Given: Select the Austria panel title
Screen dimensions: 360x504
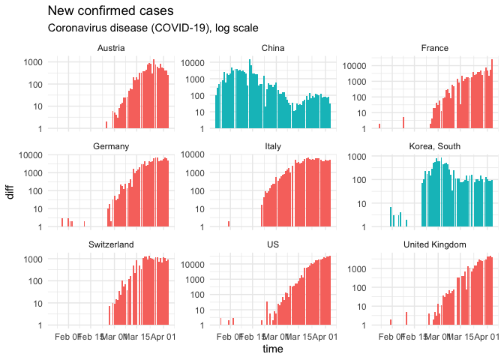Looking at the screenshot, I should pos(111,49).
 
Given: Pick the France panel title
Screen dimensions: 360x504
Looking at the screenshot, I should pos(435,49).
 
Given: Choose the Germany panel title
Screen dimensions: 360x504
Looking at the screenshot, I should pos(111,146).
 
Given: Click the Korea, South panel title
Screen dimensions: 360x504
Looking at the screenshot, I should pos(435,146).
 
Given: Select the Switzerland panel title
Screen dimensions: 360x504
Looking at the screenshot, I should pos(111,244).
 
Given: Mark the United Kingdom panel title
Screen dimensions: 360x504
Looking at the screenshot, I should pos(435,244).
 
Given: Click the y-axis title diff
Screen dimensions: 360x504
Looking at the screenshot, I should pos(10,191).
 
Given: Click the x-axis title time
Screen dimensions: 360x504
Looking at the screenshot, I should pos(273,349).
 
